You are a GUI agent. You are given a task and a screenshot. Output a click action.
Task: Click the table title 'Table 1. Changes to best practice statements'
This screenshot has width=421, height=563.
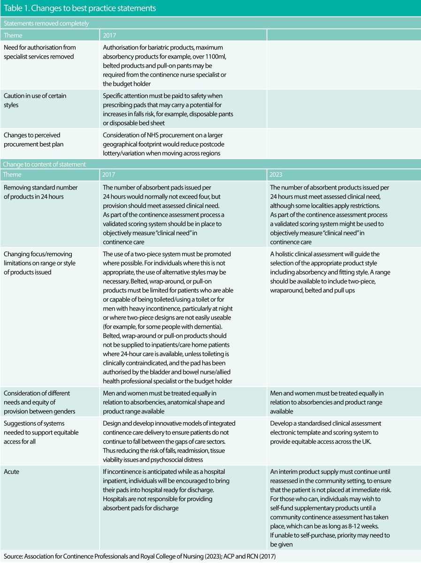click(80, 8)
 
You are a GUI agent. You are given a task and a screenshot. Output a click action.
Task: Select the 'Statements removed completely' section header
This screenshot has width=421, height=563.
click(46, 23)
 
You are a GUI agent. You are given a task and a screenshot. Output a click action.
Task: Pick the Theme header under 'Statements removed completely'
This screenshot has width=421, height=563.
click(13, 35)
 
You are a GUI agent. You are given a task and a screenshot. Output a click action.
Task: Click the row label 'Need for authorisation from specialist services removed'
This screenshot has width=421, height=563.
click(39, 52)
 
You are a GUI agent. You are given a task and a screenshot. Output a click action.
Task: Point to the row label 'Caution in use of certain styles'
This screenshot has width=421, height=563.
click(35, 100)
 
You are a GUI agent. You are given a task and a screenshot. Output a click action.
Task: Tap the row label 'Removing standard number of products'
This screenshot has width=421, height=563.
click(40, 192)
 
